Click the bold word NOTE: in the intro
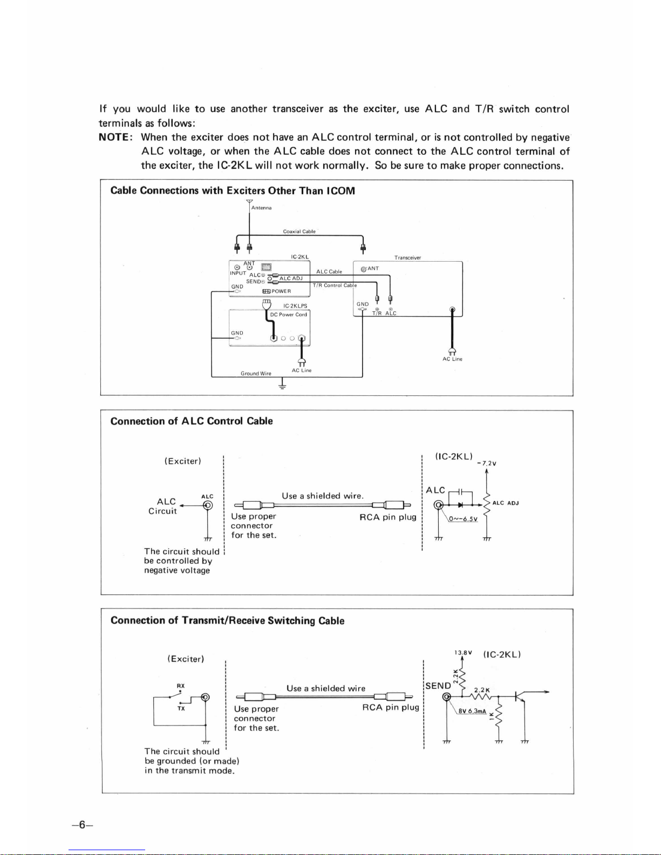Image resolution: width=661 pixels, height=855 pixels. [x=115, y=138]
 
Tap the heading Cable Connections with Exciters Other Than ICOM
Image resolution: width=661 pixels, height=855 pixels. [x=233, y=191]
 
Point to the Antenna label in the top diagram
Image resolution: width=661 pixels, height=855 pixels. [x=262, y=208]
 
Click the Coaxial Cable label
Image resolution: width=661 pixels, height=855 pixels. [x=299, y=231]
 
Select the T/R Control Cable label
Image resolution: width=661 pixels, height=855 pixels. [x=335, y=285]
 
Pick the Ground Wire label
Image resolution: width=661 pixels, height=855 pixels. [x=256, y=373]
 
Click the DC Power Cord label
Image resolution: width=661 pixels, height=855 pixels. [x=288, y=314]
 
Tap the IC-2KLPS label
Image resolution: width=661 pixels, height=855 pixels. [x=295, y=306]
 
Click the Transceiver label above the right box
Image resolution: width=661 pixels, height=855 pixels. [x=407, y=258]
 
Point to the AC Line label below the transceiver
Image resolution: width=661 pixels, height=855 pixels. [x=452, y=359]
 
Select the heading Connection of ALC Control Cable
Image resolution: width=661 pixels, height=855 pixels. [x=192, y=421]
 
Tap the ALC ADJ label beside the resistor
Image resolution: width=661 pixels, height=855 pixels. [x=506, y=503]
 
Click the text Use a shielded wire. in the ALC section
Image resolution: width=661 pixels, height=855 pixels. [x=323, y=496]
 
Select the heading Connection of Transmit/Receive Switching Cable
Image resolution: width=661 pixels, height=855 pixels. [x=227, y=620]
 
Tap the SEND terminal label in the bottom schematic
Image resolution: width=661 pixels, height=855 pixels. [x=438, y=686]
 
